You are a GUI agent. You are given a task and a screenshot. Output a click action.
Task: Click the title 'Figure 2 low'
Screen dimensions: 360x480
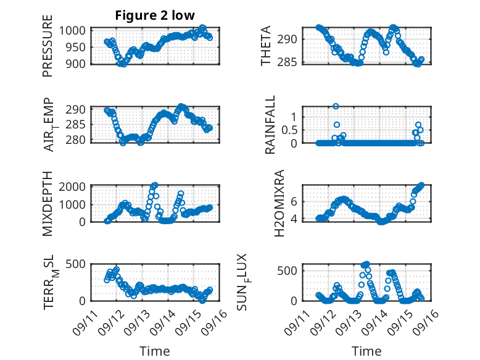pos(155,15)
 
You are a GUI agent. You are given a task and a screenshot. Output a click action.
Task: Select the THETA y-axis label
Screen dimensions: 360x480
pos(267,46)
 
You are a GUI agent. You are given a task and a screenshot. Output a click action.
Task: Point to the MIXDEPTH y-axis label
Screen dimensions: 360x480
pos(48,204)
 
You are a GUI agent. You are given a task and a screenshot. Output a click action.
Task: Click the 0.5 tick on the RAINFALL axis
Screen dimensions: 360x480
pos(291,130)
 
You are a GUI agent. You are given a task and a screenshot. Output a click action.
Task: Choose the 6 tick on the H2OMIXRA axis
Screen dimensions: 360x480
pos(295,201)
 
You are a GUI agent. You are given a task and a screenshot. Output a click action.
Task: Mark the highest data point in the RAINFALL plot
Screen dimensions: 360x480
pos(336,106)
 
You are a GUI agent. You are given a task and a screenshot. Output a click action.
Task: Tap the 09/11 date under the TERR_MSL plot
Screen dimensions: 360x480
pos(85,320)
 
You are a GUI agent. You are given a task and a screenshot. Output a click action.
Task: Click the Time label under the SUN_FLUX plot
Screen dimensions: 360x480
pos(366,351)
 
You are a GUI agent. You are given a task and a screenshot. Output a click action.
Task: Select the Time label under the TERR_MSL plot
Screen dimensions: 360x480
pos(155,351)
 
